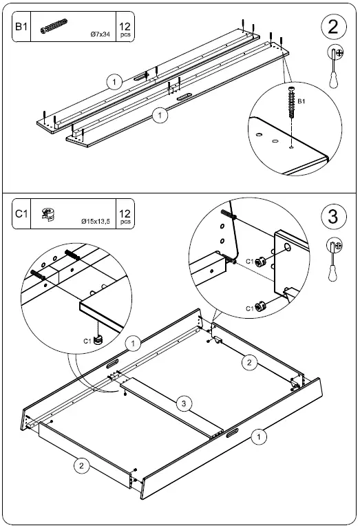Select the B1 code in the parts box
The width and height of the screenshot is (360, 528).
21,28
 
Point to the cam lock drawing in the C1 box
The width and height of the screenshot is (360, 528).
48,213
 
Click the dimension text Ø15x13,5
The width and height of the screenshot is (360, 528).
95,222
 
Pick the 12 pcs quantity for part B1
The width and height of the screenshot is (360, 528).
125,28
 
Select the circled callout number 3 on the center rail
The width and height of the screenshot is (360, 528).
181,404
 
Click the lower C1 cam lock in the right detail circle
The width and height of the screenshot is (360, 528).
261,305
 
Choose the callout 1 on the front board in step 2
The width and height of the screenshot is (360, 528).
159,116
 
